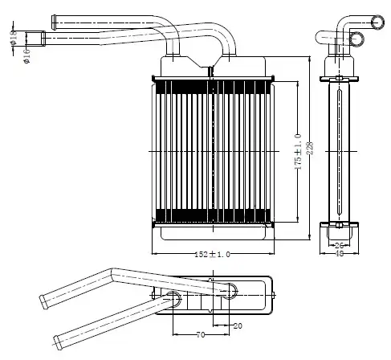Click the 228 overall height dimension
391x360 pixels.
point(310,148)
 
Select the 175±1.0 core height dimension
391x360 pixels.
point(298,152)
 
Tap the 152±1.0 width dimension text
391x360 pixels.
point(212,254)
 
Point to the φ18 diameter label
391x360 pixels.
point(14,38)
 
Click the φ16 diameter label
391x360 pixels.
point(26,56)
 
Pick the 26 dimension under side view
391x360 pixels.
point(339,245)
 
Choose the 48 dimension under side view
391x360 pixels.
point(339,253)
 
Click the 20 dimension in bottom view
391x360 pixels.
point(238,325)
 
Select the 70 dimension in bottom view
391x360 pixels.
point(201,334)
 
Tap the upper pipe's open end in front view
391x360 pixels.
point(54,22)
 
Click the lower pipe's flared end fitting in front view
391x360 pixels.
point(43,39)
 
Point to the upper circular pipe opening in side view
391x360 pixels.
point(377,22)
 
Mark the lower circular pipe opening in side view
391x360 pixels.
point(356,39)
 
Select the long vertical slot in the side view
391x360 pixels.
point(340,152)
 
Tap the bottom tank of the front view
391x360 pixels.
point(214,233)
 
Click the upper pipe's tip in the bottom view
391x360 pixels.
point(44,302)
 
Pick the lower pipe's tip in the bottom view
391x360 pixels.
point(58,342)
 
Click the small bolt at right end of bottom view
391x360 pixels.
point(274,295)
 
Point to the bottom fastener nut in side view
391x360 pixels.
point(339,225)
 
